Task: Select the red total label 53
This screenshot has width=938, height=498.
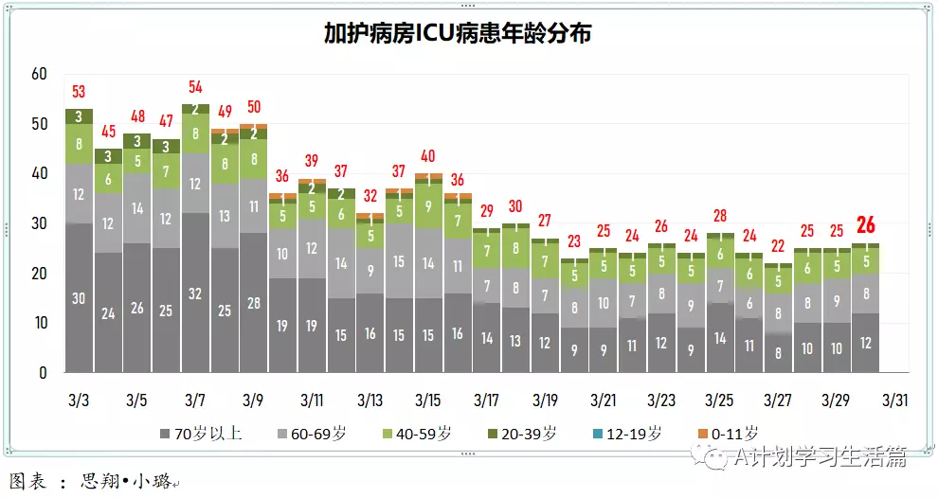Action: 79,92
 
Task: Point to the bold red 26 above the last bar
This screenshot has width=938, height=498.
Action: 865,225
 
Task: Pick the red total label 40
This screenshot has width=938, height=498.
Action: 428,156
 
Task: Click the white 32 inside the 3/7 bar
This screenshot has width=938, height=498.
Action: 195,294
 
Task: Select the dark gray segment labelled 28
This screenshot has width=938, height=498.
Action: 253,302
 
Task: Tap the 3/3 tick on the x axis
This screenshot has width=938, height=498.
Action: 79,400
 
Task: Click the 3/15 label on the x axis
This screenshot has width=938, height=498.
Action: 428,400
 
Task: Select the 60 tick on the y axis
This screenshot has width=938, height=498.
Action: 39,74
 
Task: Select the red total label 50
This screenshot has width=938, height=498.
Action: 253,107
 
